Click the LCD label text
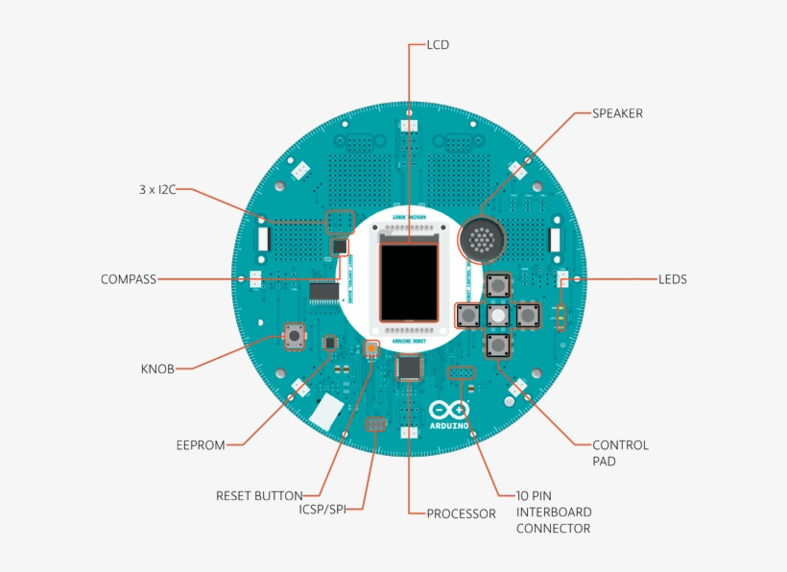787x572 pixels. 437,45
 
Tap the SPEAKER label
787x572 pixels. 616,113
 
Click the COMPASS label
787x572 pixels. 128,279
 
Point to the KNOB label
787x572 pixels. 157,369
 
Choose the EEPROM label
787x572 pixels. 201,445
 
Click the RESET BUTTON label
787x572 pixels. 259,496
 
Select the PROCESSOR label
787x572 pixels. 461,513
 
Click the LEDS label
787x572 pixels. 672,279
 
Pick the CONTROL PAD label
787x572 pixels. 620,453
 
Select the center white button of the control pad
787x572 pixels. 498,315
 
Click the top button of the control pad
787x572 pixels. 498,285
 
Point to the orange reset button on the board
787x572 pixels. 373,348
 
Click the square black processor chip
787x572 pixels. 410,368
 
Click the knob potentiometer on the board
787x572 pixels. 295,337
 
